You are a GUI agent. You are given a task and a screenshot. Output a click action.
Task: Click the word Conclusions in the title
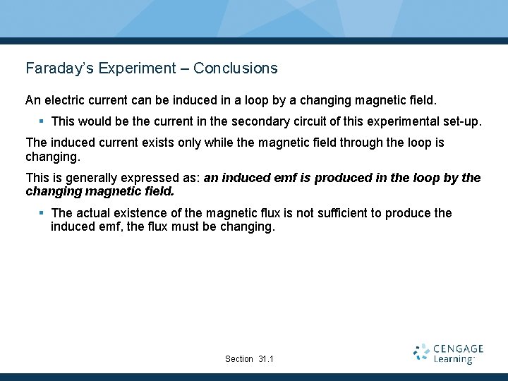(235, 68)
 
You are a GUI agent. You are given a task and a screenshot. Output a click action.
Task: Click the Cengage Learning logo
(448, 353)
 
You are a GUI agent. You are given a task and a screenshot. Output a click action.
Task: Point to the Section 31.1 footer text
(249, 359)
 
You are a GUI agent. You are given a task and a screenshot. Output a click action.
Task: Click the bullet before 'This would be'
(42, 121)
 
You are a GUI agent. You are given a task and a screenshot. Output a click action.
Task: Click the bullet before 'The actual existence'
(42, 213)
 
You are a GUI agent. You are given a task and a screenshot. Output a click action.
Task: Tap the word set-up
(461, 121)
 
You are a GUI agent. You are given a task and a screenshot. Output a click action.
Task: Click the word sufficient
(322, 213)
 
